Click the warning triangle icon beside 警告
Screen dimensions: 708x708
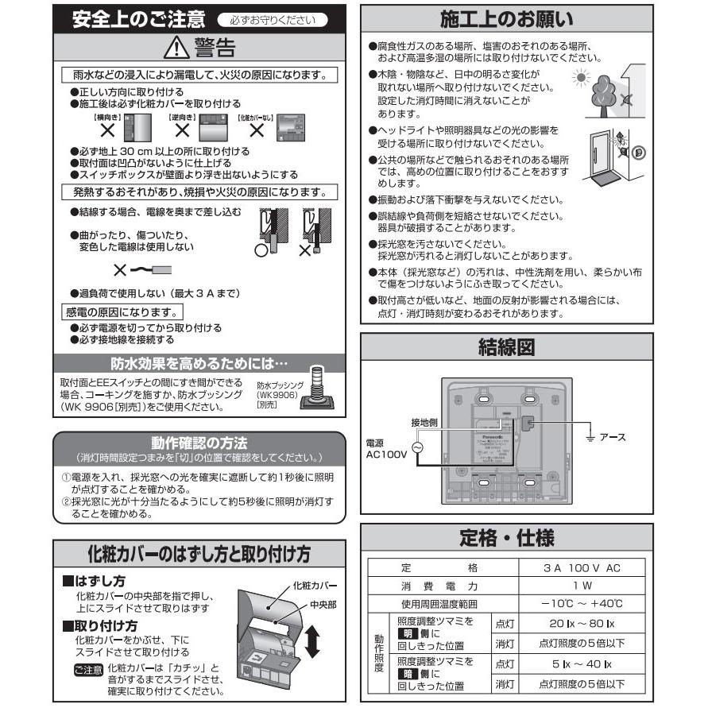176,49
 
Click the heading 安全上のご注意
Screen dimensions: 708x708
138,19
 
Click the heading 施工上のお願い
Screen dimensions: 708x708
506,19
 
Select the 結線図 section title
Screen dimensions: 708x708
506,347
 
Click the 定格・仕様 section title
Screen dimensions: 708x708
506,537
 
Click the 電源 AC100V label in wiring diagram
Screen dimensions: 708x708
386,449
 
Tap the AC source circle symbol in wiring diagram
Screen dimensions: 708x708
417,448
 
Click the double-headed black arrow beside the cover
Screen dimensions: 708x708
311,641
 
